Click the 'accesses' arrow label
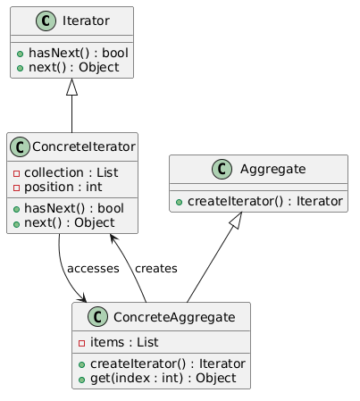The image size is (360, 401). tap(91, 269)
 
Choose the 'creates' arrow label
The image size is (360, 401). tap(155, 269)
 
